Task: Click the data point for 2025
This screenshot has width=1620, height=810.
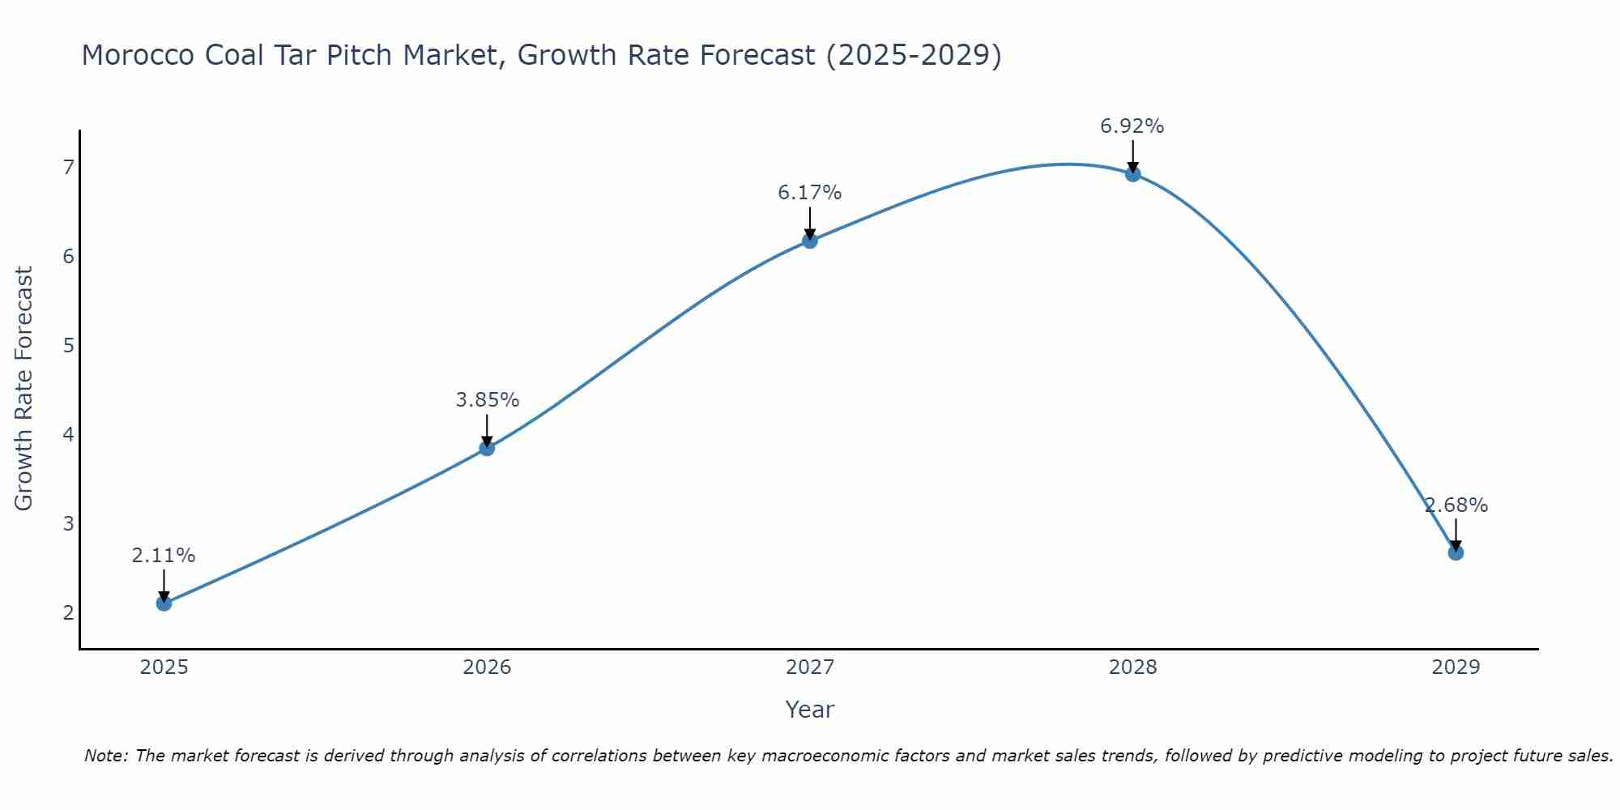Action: point(164,603)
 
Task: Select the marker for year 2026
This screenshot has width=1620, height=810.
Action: point(487,448)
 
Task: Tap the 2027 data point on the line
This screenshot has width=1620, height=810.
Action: point(809,241)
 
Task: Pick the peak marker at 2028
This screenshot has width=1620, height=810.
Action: point(1132,174)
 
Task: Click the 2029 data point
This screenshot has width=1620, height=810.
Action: point(1456,552)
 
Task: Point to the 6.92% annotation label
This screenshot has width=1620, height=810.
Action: point(1132,126)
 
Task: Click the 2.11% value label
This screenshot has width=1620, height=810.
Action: point(164,556)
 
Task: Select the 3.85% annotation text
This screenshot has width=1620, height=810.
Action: point(487,400)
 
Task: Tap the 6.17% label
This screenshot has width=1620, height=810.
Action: point(809,193)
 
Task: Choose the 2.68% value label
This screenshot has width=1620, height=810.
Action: point(1456,505)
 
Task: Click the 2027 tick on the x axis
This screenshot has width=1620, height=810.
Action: point(809,667)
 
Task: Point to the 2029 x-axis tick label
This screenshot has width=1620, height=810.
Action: point(1456,667)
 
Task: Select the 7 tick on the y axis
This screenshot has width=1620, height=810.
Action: point(68,168)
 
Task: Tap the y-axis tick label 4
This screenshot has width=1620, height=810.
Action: point(68,435)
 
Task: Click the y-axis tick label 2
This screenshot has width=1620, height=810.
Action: point(68,612)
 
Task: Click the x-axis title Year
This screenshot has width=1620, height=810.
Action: point(809,710)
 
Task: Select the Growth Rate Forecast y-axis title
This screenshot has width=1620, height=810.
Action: point(24,389)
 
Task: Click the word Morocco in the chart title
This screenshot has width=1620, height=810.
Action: point(139,55)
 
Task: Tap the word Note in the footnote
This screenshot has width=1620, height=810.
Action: point(105,756)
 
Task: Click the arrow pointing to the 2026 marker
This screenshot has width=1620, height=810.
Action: point(487,429)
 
